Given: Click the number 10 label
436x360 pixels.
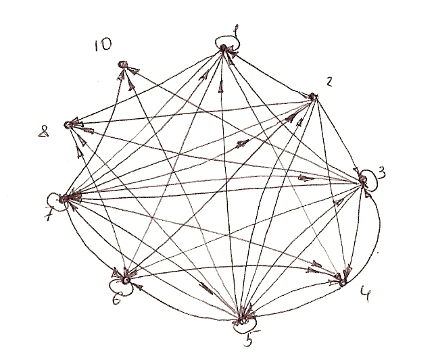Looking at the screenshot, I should pyautogui.click(x=104, y=45).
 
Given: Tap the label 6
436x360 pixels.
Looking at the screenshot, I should pyautogui.click(x=116, y=301).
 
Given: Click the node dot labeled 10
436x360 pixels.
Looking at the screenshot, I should pyautogui.click(x=122, y=64).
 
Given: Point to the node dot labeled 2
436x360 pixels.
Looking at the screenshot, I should pyautogui.click(x=313, y=97).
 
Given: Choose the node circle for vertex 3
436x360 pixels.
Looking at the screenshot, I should pyautogui.click(x=363, y=178).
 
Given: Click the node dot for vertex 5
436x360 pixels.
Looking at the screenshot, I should pyautogui.click(x=242, y=319).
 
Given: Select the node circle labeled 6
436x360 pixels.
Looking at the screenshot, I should pyautogui.click(x=126, y=279).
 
